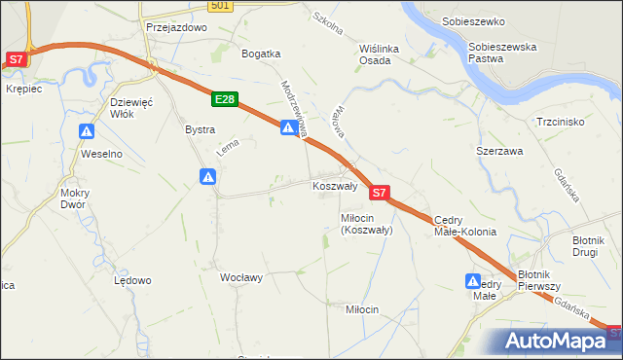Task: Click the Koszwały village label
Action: coord(335,185)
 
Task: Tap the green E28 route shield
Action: coord(224,99)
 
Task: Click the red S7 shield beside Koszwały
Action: coord(381,194)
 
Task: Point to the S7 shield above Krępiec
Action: coord(16,59)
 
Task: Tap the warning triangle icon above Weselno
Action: coord(88,131)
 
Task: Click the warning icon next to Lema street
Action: coord(207,176)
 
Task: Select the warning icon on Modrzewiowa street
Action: coord(288,127)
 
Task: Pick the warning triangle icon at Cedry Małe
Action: coord(472,281)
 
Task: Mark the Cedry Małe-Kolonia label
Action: coord(464,226)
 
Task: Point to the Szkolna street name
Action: coord(327,23)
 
